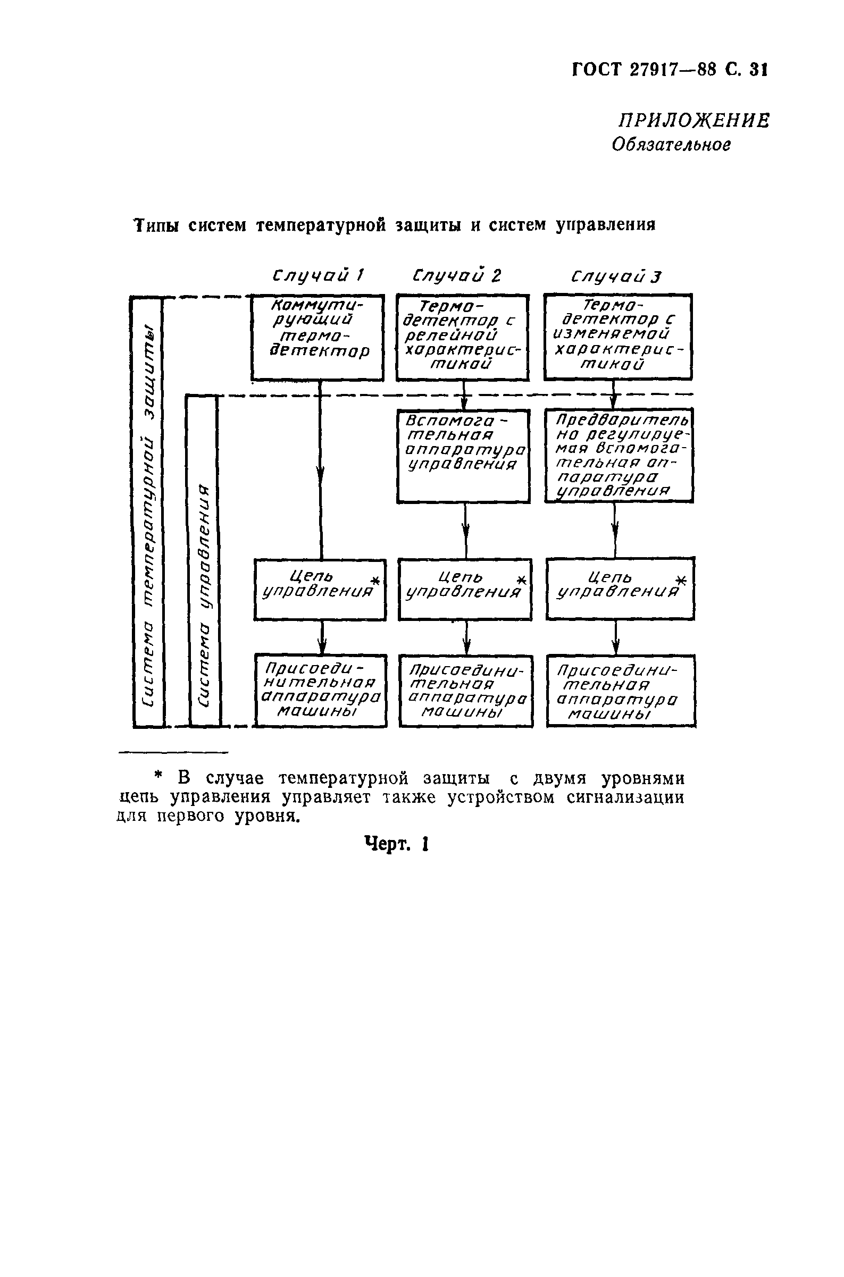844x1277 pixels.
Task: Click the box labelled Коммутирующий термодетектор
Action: (x=317, y=338)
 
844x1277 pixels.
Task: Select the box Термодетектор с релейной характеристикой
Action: (x=462, y=338)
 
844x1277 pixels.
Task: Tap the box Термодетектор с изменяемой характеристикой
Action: (x=617, y=337)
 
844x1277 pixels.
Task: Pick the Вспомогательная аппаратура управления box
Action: (x=463, y=456)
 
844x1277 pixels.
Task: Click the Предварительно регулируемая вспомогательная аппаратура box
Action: (x=619, y=455)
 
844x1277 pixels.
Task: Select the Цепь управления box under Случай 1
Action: (x=320, y=589)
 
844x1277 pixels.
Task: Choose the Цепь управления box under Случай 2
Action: (x=464, y=589)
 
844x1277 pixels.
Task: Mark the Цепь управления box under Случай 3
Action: (x=620, y=588)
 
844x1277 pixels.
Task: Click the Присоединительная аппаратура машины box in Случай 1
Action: (x=320, y=691)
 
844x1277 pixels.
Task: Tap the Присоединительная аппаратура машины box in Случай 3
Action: (x=621, y=691)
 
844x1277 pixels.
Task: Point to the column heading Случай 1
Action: (x=318, y=276)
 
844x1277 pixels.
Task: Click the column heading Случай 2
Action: (x=456, y=276)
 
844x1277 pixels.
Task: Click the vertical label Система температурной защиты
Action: (x=148, y=511)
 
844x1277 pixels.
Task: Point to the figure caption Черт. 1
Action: (x=396, y=844)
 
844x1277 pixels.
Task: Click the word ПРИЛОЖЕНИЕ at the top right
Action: (x=693, y=121)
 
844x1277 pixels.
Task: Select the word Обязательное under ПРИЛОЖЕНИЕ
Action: (x=671, y=144)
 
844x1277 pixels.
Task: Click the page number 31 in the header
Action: (x=757, y=70)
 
